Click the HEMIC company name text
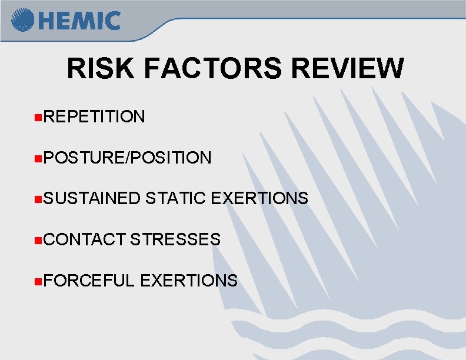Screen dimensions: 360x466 [x=79, y=21]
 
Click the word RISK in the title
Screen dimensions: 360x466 [x=101, y=68]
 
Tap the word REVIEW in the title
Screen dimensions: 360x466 [x=348, y=68]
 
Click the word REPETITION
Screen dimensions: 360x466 [x=94, y=116]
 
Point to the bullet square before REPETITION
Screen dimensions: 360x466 [x=38, y=117]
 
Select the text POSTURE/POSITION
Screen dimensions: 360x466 [x=127, y=158]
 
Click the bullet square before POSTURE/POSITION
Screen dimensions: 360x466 [x=38, y=158]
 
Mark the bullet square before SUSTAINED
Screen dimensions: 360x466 [x=38, y=199]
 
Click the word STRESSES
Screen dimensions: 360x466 [x=175, y=239]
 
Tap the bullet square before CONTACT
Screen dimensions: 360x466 [x=38, y=240]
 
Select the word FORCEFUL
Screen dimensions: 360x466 [x=89, y=281]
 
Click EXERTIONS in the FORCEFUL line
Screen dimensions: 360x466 [x=189, y=281]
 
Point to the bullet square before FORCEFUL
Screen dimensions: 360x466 [x=38, y=281]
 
